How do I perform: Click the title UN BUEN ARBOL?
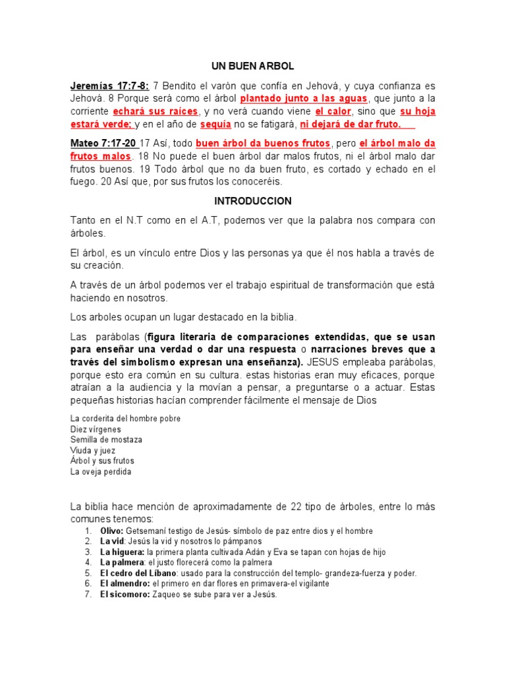[x=252, y=67]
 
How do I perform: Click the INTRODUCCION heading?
[x=252, y=201]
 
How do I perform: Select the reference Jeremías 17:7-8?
[x=110, y=86]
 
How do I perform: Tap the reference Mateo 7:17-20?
[x=103, y=144]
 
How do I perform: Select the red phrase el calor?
[x=333, y=111]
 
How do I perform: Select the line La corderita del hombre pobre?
[x=125, y=419]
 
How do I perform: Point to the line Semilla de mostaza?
[x=106, y=440]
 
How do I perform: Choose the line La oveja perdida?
[x=101, y=471]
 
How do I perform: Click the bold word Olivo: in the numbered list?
[x=111, y=531]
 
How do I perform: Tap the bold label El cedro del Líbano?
[x=131, y=573]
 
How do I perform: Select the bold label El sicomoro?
[x=125, y=595]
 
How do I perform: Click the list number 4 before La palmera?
[x=88, y=563]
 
